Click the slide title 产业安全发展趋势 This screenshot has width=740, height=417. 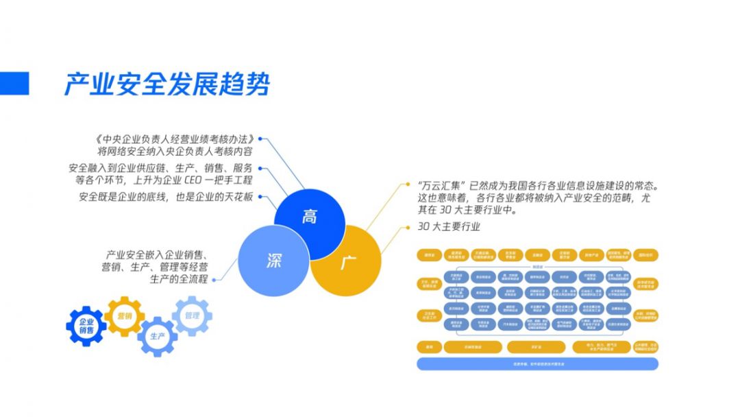click(x=167, y=84)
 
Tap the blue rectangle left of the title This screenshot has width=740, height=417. click(x=14, y=84)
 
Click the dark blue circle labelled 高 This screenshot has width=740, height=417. click(x=310, y=217)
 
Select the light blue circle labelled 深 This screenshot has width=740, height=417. click(x=273, y=261)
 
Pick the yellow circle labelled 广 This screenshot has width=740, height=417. click(x=347, y=261)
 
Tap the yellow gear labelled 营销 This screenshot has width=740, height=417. click(x=124, y=316)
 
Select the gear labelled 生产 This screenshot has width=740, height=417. click(x=158, y=336)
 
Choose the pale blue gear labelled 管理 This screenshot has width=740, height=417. click(x=192, y=315)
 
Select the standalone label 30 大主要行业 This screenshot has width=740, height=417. click(x=449, y=227)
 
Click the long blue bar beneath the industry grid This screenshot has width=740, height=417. click(x=537, y=364)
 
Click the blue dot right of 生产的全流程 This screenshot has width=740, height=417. click(x=214, y=279)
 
